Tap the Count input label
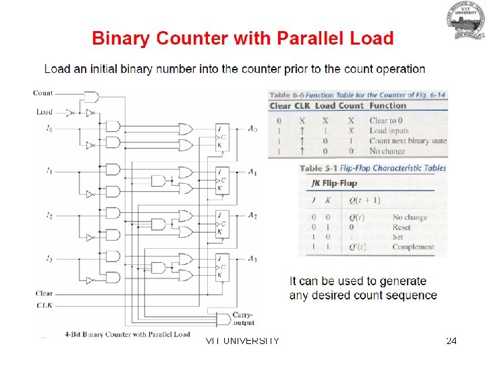click(x=43, y=93)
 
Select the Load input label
click(x=45, y=112)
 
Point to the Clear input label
click(x=44, y=293)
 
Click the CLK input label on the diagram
click(x=43, y=306)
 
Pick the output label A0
click(x=252, y=129)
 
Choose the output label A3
click(x=252, y=259)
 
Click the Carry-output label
click(x=244, y=318)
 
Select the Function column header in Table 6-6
click(x=387, y=105)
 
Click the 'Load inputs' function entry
click(x=389, y=130)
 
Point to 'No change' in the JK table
click(x=410, y=218)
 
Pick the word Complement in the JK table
click(x=413, y=247)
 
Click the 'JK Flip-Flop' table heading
click(x=333, y=182)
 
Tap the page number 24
click(x=452, y=341)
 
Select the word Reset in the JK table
click(x=402, y=228)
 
